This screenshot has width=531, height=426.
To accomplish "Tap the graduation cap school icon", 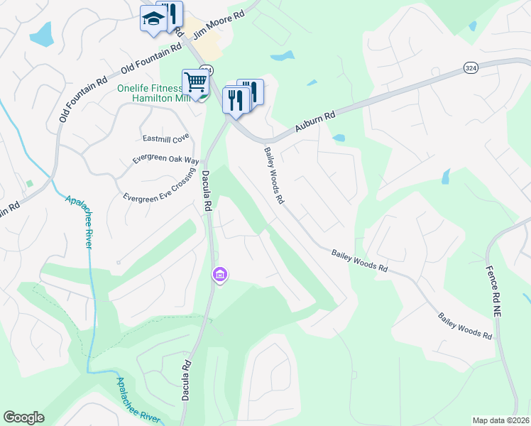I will pyautogui.click(x=152, y=19).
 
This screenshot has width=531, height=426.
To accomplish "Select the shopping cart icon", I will pyautogui.click(x=195, y=82).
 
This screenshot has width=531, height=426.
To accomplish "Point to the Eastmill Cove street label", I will pyautogui.click(x=165, y=138).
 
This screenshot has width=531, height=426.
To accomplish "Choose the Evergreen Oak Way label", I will pyautogui.click(x=165, y=160).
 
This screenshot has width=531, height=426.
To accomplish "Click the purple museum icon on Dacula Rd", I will pyautogui.click(x=219, y=274).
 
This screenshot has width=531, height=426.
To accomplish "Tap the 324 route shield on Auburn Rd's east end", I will pyautogui.click(x=471, y=67).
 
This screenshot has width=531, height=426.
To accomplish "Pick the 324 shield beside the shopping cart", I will pyautogui.click(x=206, y=70).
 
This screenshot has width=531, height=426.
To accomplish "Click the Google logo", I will pyautogui.click(x=23, y=417).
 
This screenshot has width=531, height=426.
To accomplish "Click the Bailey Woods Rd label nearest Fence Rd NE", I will pyautogui.click(x=465, y=325).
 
